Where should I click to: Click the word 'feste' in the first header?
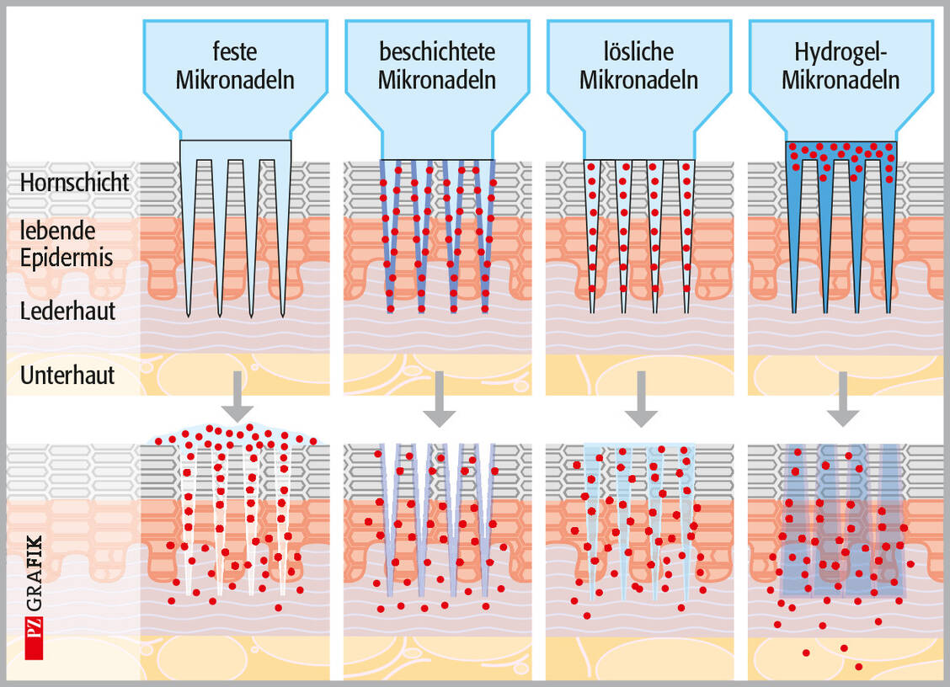click(235, 52)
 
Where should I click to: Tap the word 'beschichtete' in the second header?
click(437, 52)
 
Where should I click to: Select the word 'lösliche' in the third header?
click(639, 52)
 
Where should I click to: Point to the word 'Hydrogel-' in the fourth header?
click(841, 52)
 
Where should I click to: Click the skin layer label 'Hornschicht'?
click(75, 183)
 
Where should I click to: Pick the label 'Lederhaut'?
click(67, 311)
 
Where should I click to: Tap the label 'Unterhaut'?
click(67, 375)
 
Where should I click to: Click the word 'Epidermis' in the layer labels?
click(67, 258)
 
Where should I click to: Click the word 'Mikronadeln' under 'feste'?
click(235, 81)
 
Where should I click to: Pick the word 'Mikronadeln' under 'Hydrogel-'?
click(841, 81)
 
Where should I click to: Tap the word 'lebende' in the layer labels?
click(57, 231)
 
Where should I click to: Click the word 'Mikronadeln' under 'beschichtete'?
click(437, 81)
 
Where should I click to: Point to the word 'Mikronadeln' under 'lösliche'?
click(639, 81)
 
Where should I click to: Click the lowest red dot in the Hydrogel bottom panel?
click(858, 667)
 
